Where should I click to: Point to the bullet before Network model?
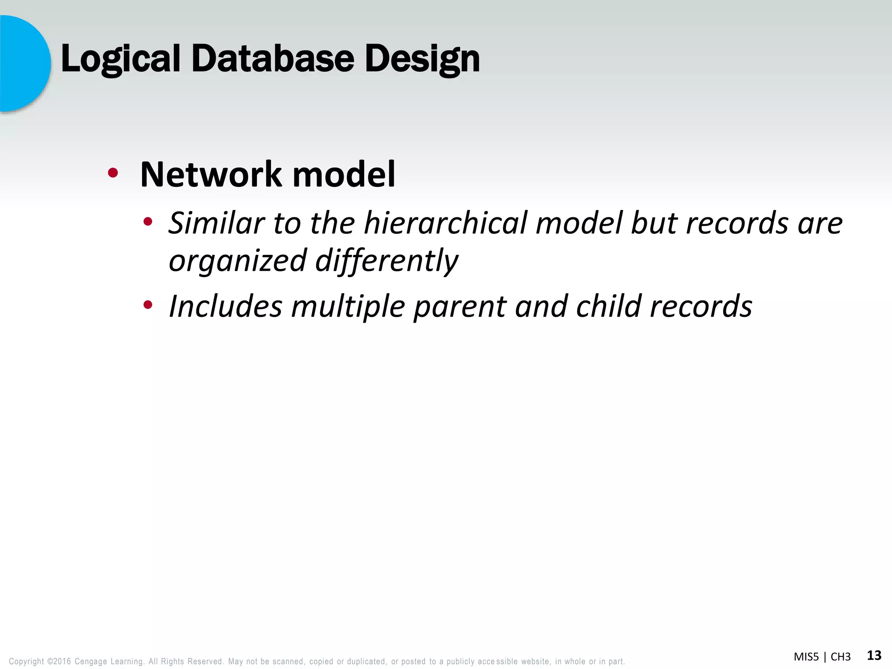click(x=113, y=173)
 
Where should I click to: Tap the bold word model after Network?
click(x=344, y=174)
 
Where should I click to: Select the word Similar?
click(x=216, y=223)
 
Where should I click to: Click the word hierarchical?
click(x=446, y=223)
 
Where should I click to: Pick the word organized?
click(x=238, y=260)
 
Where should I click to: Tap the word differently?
click(x=386, y=260)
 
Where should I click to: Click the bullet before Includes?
click(x=148, y=305)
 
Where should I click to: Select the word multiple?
click(x=348, y=306)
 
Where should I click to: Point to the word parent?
click(x=460, y=307)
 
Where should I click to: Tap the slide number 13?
click(x=874, y=655)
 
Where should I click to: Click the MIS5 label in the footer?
click(x=806, y=657)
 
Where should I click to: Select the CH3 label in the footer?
click(x=841, y=657)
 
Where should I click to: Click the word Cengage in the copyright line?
click(x=91, y=662)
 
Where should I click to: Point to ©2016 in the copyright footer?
click(x=59, y=662)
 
